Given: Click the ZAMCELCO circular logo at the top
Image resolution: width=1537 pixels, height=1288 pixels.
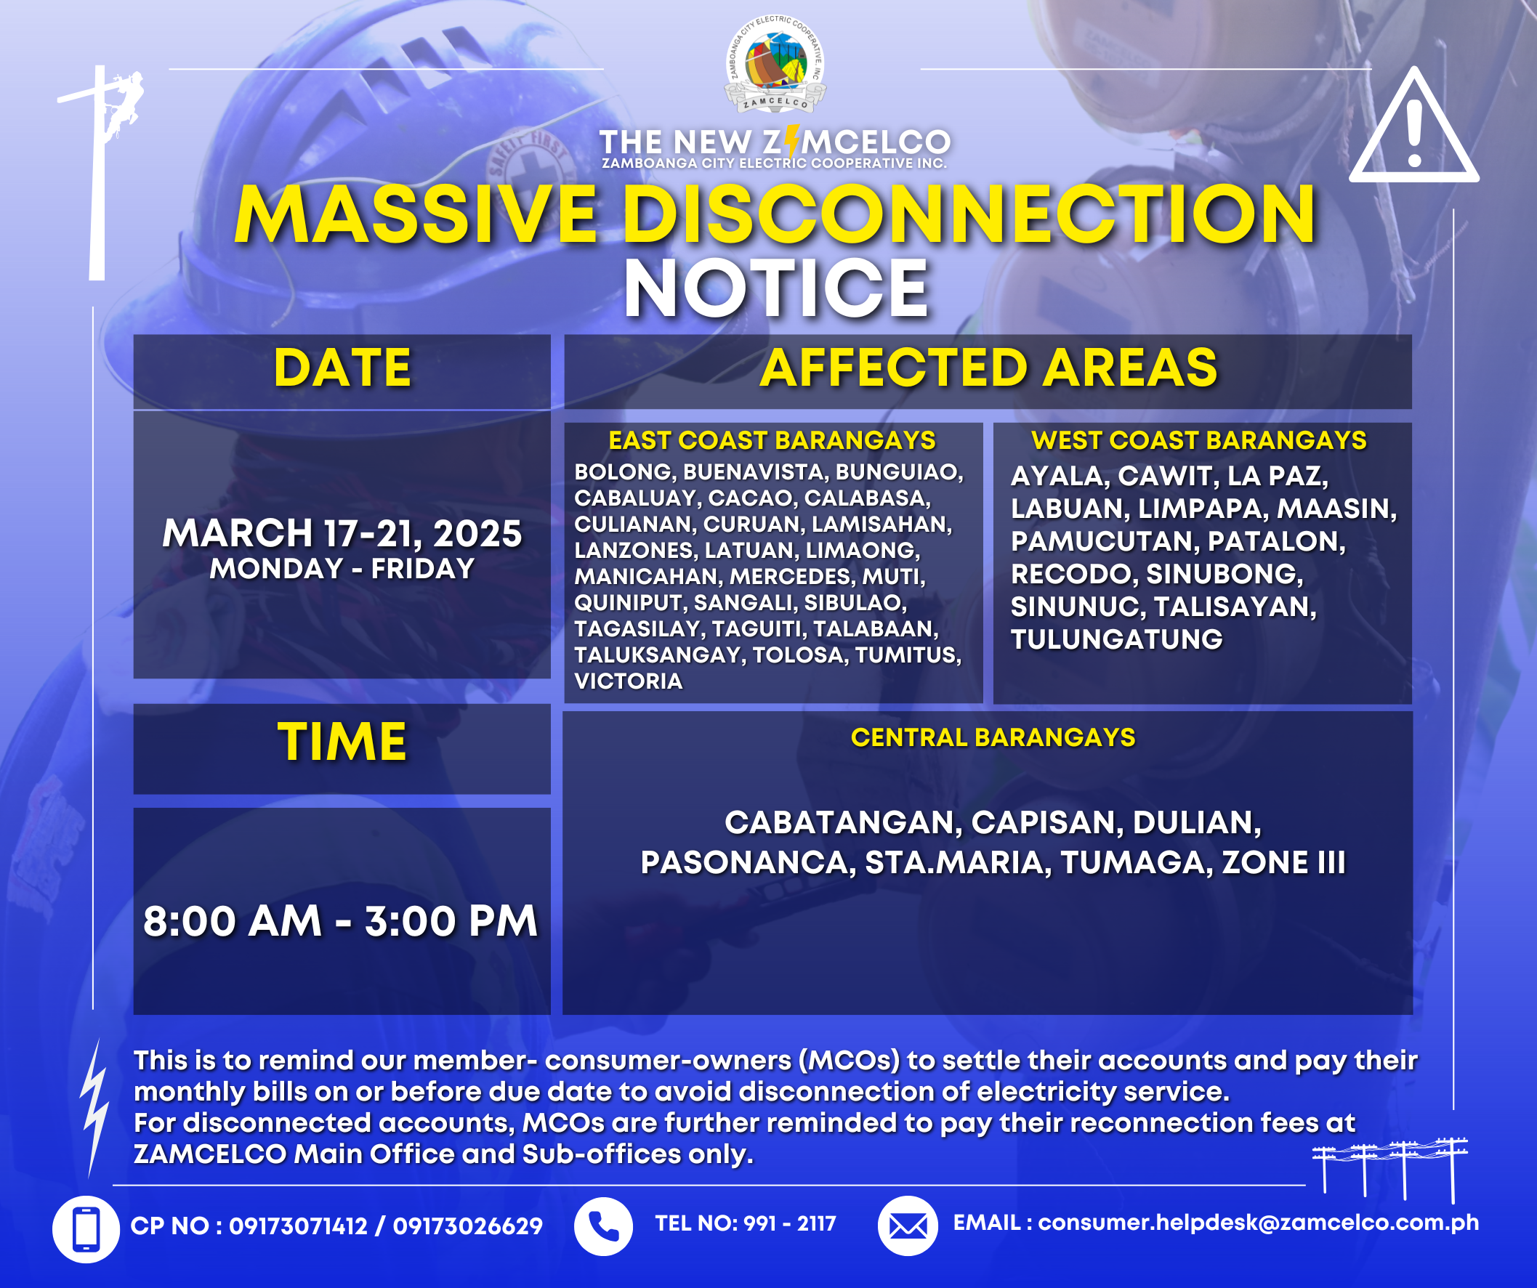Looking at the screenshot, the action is (775, 65).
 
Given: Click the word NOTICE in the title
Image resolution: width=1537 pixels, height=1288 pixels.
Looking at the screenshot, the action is (776, 288).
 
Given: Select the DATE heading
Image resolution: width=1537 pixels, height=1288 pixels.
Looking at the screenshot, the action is (342, 368).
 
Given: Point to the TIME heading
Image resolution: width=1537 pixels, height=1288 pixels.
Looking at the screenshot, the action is (342, 742).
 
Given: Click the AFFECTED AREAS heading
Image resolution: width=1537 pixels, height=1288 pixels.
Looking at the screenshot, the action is (988, 368).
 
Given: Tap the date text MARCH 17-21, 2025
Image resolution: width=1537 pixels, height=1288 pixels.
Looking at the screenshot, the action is (342, 532).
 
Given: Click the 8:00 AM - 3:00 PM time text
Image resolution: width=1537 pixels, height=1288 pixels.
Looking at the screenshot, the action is (341, 920).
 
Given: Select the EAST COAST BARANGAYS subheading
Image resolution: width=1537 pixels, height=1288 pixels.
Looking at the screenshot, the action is (772, 440).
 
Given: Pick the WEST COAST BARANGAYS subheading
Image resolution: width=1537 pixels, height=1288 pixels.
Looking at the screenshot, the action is (1199, 440).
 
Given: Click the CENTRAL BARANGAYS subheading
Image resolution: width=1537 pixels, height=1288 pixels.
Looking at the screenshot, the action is (993, 737).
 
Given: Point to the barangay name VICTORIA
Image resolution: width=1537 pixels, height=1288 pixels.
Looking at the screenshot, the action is (628, 681).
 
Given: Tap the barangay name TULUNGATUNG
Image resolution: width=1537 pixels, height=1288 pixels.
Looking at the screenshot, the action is (1117, 639).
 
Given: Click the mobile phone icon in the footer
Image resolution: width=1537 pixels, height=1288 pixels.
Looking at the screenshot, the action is (86, 1229).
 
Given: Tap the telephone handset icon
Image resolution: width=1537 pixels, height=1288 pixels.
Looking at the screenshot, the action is (603, 1226).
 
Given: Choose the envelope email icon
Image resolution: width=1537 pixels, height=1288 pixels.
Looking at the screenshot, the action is (908, 1226).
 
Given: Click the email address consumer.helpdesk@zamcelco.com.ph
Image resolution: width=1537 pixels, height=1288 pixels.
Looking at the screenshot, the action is (1258, 1223).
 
